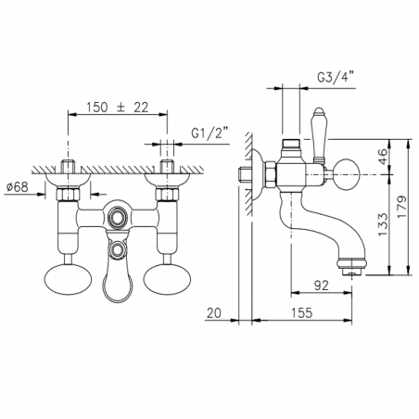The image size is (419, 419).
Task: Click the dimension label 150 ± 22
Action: (x=118, y=108)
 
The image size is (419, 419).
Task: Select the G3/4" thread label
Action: (x=336, y=77)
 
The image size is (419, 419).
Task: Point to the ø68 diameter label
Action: (x=17, y=186)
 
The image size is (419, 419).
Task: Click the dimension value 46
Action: (x=383, y=157)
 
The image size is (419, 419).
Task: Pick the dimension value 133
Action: (x=383, y=224)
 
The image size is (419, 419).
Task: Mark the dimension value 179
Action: (x=402, y=207)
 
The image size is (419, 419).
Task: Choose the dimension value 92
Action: (x=321, y=286)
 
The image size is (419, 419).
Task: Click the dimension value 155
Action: (x=301, y=312)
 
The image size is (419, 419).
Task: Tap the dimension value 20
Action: (x=214, y=312)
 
